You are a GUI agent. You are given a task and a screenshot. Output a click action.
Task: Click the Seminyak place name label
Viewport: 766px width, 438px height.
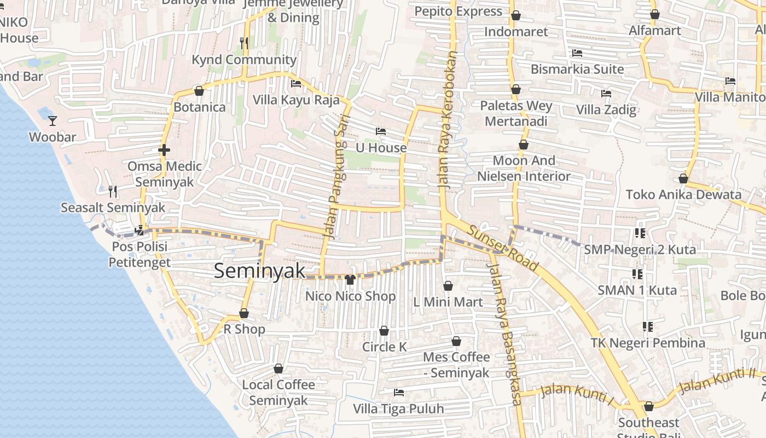259,270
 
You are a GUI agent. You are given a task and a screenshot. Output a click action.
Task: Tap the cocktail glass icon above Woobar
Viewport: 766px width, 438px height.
53,120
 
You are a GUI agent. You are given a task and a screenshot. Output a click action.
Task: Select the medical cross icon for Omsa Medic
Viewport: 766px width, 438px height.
164,149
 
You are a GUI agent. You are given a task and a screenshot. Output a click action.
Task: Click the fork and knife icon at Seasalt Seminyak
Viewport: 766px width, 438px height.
113,191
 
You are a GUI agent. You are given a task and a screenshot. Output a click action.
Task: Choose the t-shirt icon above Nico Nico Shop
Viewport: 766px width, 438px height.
350,280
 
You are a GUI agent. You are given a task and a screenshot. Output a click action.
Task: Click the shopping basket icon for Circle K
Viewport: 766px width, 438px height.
384,331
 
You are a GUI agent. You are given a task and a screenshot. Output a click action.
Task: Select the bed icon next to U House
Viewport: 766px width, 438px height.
381,131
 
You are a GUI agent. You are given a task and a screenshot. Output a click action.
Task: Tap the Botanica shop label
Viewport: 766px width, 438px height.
200,107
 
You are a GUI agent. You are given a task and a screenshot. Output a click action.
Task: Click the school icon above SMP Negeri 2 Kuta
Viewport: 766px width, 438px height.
640,233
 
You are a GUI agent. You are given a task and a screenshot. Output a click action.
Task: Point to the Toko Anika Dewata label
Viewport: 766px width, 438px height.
683,194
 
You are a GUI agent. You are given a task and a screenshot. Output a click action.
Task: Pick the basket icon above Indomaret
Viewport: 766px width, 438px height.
515,15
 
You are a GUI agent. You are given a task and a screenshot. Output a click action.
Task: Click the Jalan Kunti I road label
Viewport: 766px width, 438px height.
576,395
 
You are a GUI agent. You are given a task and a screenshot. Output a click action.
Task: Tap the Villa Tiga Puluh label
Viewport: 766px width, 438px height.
398,409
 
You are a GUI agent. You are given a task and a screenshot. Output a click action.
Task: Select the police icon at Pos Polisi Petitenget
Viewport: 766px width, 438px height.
140,230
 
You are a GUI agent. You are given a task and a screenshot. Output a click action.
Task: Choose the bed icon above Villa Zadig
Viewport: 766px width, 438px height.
606,94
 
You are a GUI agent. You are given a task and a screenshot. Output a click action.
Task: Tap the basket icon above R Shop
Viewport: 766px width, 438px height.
244,313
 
